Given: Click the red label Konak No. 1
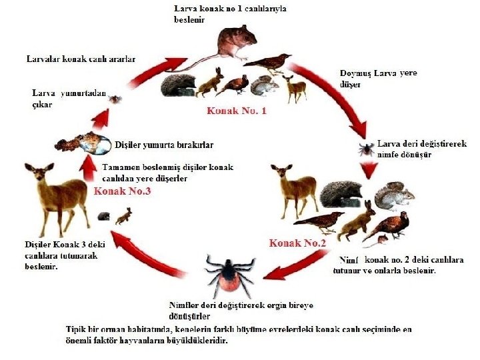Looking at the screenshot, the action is point(236,111).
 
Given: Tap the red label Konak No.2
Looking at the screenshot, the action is point(297,243).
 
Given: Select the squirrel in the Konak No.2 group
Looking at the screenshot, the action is point(393,196).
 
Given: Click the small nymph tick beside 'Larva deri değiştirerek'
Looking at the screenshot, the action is point(366,149).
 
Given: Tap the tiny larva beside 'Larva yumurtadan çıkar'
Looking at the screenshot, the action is point(116,99).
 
